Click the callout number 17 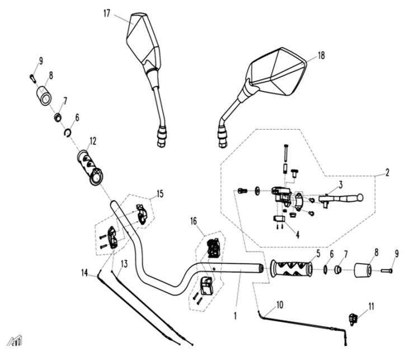(x=107, y=13)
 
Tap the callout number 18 (x=321, y=55)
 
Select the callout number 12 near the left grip (x=93, y=141)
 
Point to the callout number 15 (x=160, y=194)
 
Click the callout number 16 (x=194, y=221)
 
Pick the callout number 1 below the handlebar (x=235, y=316)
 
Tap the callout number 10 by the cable (x=280, y=305)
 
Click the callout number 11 (x=371, y=306)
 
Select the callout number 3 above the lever (x=340, y=185)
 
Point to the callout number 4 (x=297, y=235)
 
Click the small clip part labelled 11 (x=353, y=319)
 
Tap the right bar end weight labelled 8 (x=363, y=270)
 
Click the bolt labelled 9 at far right (x=386, y=270)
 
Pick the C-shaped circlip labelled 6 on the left (x=67, y=133)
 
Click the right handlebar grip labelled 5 (x=292, y=269)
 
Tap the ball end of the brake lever (x=359, y=197)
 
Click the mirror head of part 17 (x=144, y=39)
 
